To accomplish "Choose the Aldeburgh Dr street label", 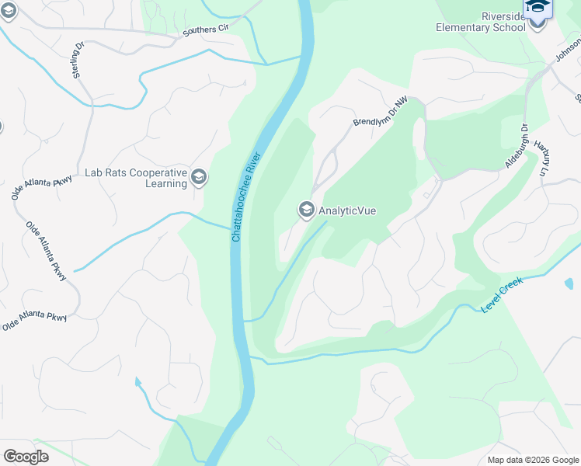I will click(517, 145).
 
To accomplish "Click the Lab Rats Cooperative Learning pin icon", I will click(199, 178).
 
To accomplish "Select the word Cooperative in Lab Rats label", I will click(159, 172).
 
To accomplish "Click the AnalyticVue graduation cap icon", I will click(306, 210).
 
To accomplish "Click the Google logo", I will click(26, 456).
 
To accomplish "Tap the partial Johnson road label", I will click(567, 50).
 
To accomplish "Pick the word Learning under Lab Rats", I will click(166, 184).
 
